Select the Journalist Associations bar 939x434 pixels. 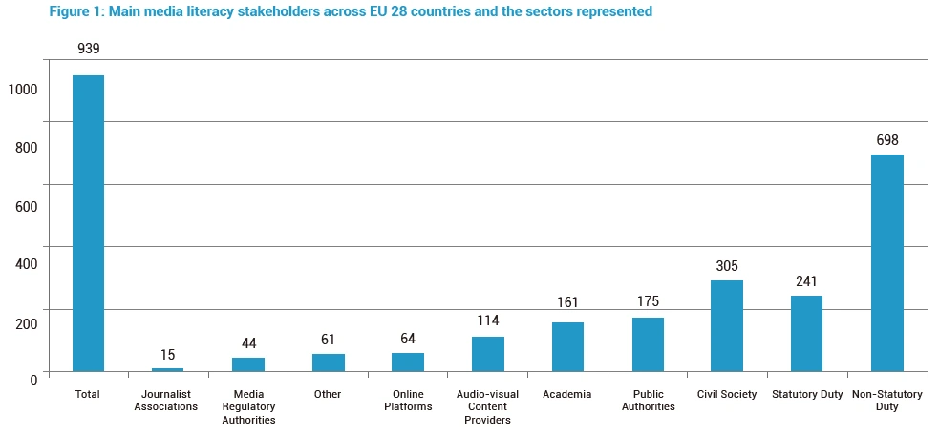click(168, 369)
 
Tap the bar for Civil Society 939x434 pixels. click(727, 325)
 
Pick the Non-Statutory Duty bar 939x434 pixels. click(887, 262)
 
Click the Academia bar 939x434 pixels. click(567, 346)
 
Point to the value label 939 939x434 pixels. click(89, 48)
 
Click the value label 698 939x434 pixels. click(887, 140)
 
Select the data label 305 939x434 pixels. click(727, 266)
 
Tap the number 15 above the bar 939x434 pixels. click(168, 355)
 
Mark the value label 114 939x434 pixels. click(488, 321)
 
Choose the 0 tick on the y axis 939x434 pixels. click(32, 379)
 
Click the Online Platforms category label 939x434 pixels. click(408, 401)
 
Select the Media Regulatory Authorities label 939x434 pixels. click(248, 406)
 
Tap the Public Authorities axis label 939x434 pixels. click(648, 401)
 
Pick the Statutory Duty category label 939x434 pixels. click(806, 394)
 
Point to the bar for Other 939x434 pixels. click(329, 362)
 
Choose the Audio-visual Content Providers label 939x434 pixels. click(488, 406)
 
